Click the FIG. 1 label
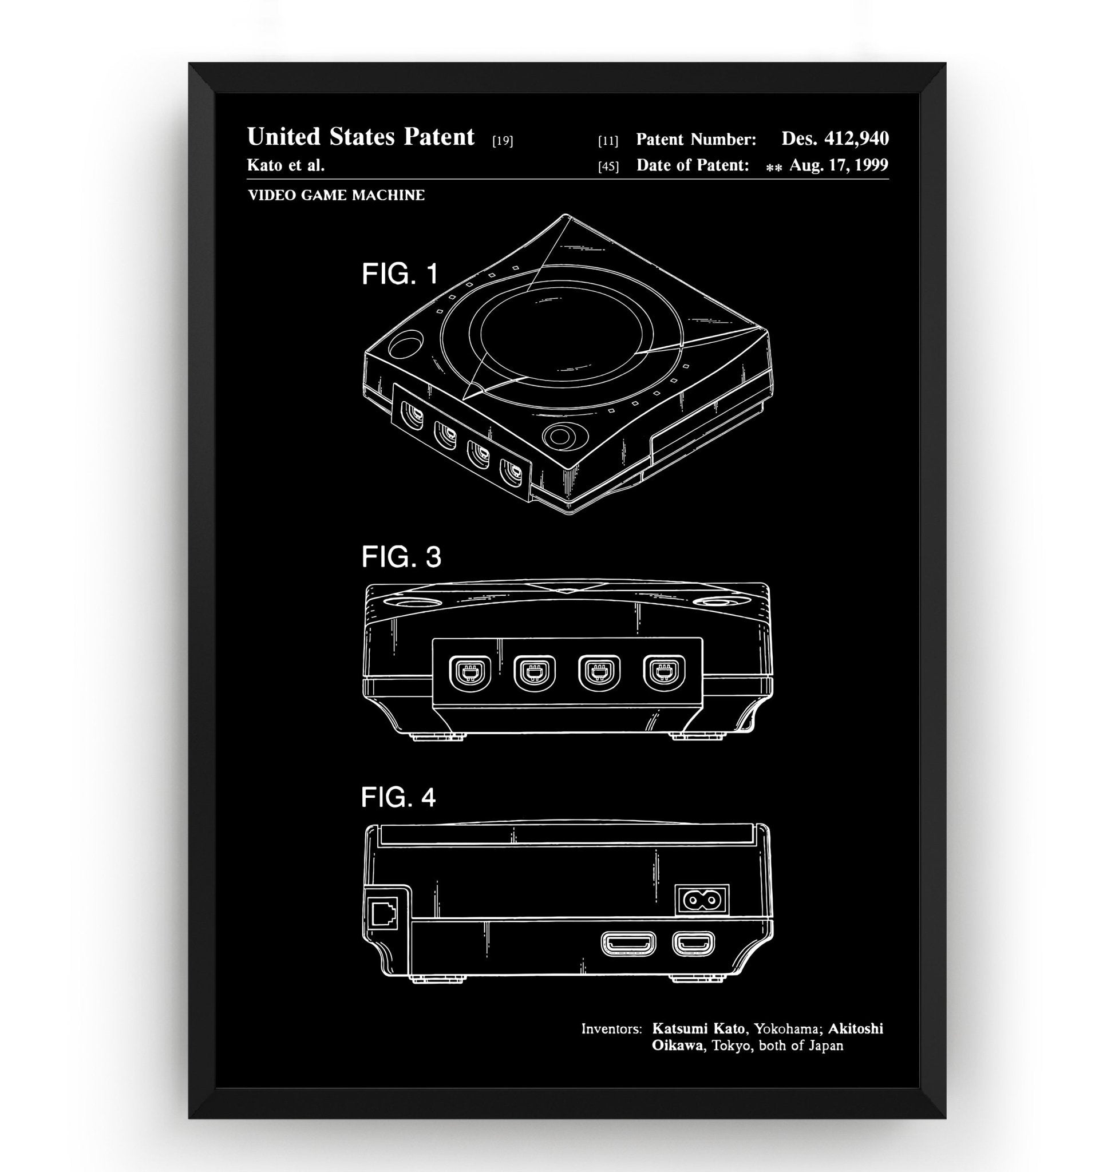400,274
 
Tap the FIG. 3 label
401,557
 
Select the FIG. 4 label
398,797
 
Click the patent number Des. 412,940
835,138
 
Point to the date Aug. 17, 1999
839,165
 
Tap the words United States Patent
360,137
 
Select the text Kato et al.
286,165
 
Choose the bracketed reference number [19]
502,141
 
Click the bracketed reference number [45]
608,167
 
